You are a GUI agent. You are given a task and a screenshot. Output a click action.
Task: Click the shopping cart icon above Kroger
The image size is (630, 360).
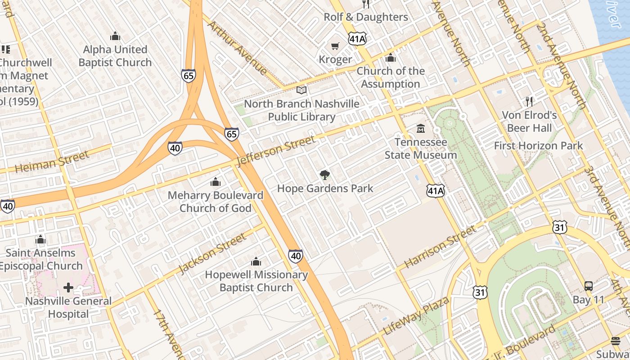tap(335, 46)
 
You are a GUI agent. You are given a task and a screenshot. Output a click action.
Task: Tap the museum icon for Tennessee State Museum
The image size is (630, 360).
tap(421, 129)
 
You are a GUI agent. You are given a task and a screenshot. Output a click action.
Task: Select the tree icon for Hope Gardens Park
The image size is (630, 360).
tap(324, 175)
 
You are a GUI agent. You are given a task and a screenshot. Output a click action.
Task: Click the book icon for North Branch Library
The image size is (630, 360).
tap(301, 90)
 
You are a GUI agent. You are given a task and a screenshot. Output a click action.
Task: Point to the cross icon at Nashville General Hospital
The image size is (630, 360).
tap(68, 288)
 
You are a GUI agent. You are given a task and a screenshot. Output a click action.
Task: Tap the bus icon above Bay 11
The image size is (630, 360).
tap(588, 286)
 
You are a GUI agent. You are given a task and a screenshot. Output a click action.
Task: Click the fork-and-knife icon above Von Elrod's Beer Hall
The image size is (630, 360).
tap(529, 102)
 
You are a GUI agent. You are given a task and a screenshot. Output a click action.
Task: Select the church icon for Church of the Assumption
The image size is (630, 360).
tap(391, 58)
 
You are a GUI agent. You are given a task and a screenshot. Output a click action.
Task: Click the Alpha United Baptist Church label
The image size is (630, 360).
tap(115, 56)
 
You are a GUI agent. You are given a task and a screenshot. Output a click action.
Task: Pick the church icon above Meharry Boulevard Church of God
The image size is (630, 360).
tap(216, 182)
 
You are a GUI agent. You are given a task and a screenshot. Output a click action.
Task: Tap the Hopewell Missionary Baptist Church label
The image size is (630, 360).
tap(256, 281)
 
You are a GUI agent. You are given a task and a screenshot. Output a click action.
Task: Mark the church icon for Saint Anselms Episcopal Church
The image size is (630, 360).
tap(40, 239)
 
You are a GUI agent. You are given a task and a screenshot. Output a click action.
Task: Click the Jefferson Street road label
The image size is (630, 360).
tap(276, 151)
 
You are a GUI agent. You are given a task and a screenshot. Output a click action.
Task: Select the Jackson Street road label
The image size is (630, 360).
tap(212, 253)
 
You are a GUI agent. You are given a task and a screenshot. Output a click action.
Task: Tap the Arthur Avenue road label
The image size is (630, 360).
tap(237, 47)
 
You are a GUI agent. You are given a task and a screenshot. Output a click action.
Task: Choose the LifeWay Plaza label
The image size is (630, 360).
tap(416, 316)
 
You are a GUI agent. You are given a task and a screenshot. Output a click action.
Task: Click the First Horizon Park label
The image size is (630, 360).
tap(538, 146)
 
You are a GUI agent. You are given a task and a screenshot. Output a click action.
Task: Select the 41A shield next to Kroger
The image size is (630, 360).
tap(357, 39)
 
